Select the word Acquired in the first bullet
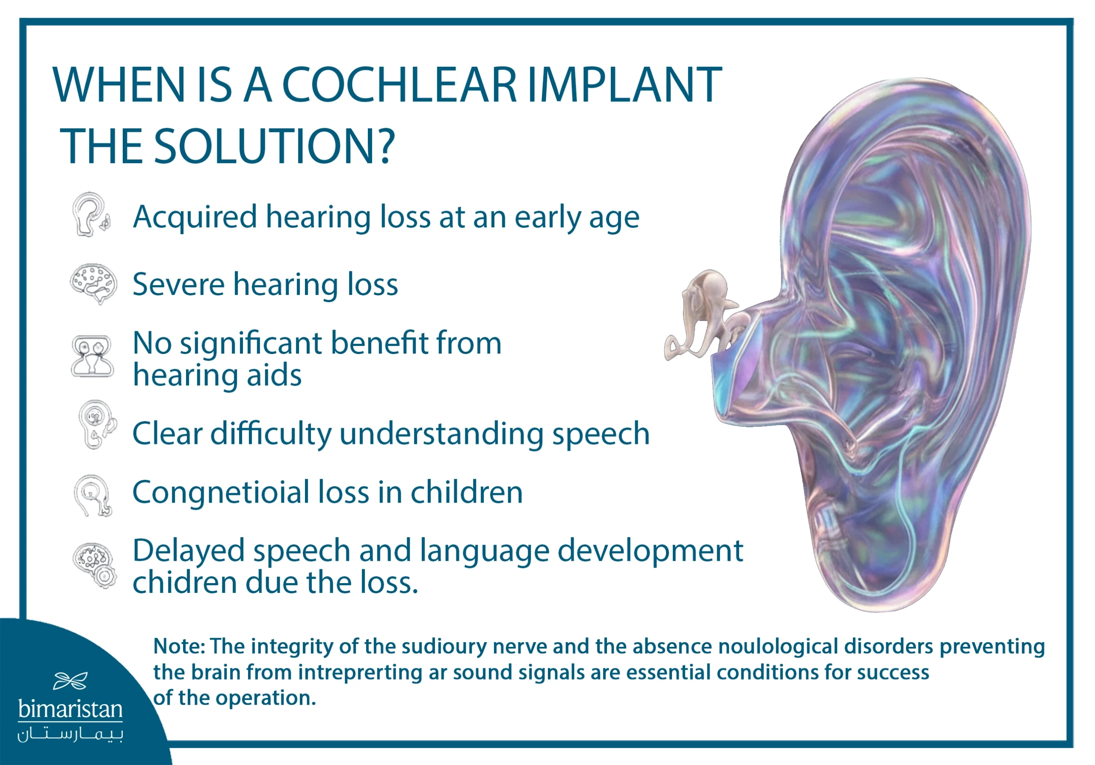(195, 217)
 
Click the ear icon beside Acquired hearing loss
(91, 215)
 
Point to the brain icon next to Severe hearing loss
(94, 283)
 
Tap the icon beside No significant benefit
(92, 356)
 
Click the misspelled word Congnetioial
(221, 492)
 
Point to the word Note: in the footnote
(179, 647)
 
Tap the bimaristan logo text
(70, 709)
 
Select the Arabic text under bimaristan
(70, 735)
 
